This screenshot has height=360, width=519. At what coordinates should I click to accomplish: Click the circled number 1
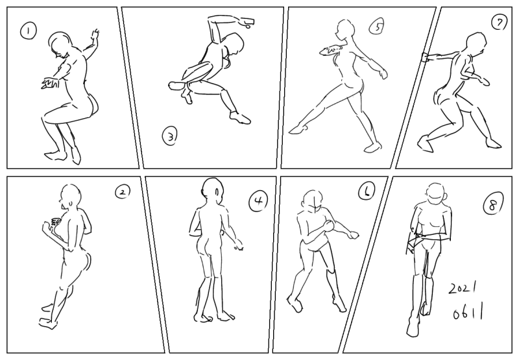coord(29,30)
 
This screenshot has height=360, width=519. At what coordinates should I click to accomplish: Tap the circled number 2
coord(123,191)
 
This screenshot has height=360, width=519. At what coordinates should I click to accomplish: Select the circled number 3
coord(170,136)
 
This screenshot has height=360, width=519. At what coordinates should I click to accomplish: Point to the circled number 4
coord(258,201)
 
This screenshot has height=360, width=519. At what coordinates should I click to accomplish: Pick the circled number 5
coord(377,27)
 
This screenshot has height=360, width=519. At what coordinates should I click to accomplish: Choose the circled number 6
coord(367,191)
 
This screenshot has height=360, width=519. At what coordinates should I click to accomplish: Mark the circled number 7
coord(500,23)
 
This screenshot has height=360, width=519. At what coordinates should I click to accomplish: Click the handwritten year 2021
coord(463,288)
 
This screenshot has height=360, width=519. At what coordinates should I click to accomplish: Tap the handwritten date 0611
coord(467,313)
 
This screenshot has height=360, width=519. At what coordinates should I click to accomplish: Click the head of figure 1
coord(60,45)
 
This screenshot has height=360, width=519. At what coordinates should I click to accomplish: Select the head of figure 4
coord(212,191)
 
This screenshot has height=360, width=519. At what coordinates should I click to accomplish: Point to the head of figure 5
coord(345,29)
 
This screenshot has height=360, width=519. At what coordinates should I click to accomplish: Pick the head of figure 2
coord(70,197)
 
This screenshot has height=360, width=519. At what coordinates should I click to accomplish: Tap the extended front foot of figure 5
coord(298,129)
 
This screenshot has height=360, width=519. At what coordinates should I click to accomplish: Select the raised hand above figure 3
coord(247,22)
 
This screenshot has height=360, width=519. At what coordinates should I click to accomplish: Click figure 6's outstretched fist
coord(354,235)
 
